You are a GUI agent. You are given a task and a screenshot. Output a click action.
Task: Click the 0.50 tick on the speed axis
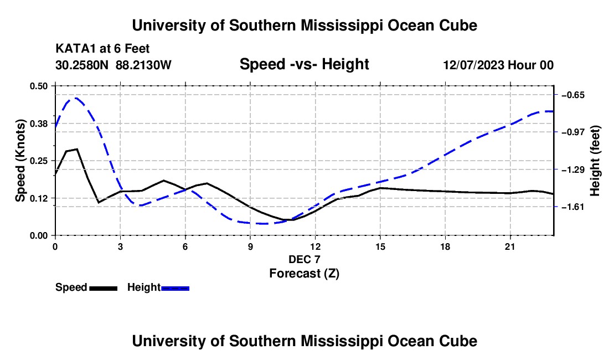[x=38, y=86]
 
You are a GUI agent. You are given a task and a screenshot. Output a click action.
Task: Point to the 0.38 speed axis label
[x=38, y=124]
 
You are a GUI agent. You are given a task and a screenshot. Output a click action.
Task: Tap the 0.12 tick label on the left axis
[x=38, y=198]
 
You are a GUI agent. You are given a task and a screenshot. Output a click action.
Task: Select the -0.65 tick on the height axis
[x=573, y=95]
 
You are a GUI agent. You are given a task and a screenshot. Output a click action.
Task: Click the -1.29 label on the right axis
[x=573, y=169]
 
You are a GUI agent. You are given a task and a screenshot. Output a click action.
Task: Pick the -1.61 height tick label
[x=573, y=207]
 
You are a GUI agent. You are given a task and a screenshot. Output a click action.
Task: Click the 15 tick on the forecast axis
[x=380, y=246]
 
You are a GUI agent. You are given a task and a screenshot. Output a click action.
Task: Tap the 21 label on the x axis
[x=510, y=246]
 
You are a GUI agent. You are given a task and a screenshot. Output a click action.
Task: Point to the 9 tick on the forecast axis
[x=250, y=246]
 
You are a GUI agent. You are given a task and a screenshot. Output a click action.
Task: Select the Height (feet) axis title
[x=595, y=161]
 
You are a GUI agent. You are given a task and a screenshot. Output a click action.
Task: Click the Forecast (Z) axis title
[x=304, y=274]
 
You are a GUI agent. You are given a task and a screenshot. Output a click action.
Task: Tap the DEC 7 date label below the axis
[x=304, y=259]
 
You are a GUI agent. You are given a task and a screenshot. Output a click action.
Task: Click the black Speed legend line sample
[x=104, y=289]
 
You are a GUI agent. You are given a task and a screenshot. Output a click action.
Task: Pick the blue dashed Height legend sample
[x=175, y=289]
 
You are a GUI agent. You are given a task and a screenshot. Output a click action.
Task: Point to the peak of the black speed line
[x=78, y=149]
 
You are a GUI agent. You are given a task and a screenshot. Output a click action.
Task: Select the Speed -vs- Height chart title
[x=304, y=64]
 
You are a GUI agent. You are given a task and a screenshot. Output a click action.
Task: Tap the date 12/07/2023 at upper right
[x=474, y=65]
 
